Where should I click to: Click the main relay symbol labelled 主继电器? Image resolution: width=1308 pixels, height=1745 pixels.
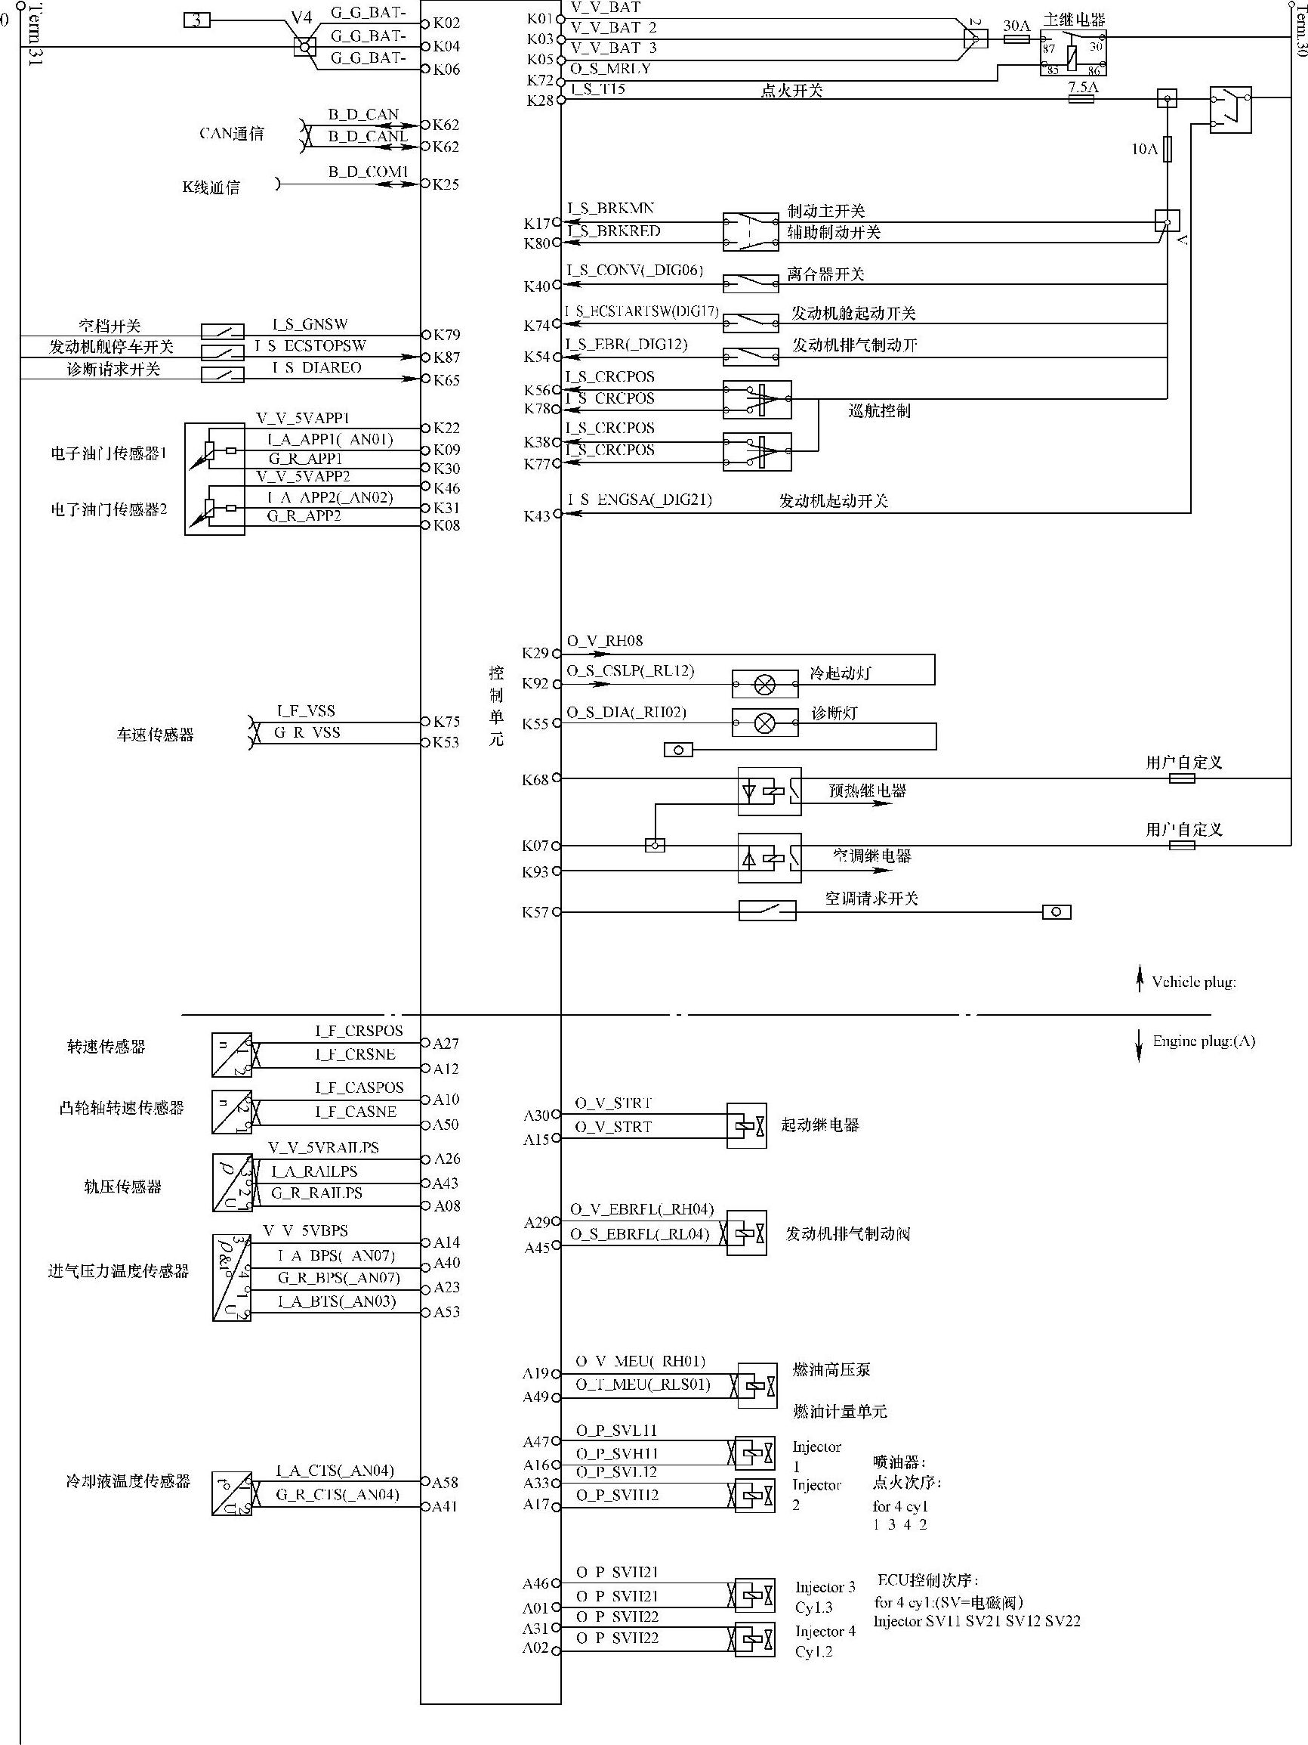(x=1073, y=53)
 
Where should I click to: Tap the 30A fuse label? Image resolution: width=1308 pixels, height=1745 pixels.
(x=1016, y=26)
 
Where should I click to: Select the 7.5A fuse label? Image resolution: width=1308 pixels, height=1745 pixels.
(x=1082, y=87)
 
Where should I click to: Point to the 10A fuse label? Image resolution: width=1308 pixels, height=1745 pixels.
(x=1144, y=148)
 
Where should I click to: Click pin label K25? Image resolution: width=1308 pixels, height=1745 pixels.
(x=446, y=184)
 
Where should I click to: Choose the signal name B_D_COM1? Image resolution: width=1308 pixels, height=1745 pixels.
(x=369, y=172)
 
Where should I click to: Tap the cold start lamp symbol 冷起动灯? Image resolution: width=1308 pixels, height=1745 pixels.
(x=765, y=684)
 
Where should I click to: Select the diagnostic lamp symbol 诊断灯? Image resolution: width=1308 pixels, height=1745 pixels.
(x=765, y=722)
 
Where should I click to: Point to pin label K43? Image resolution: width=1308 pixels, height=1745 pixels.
(x=537, y=516)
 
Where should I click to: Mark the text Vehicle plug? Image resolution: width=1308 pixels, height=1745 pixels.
(x=1193, y=982)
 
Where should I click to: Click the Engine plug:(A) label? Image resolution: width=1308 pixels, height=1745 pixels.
(x=1203, y=1041)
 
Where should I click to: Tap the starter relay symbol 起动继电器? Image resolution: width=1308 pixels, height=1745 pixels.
(x=746, y=1126)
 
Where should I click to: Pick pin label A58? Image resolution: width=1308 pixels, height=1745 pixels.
(x=446, y=1482)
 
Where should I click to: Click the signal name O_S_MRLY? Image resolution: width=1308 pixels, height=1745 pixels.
(x=610, y=69)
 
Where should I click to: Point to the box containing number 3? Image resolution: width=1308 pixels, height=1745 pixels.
(x=197, y=20)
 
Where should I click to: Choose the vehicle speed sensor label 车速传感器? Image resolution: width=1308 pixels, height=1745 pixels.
(x=155, y=735)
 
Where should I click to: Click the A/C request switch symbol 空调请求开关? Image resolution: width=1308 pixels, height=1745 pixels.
(x=767, y=911)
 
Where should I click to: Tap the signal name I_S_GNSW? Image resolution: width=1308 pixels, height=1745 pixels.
(x=310, y=324)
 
